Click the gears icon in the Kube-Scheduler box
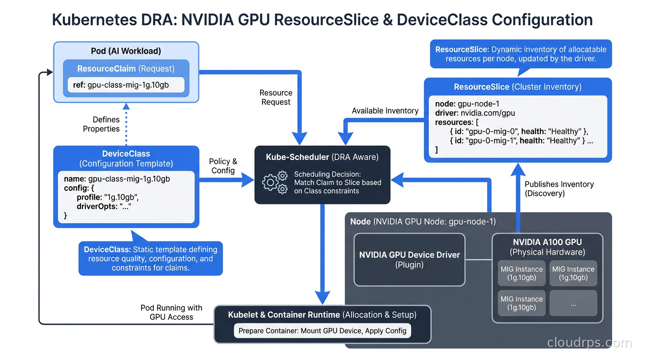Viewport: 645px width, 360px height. coord(275,183)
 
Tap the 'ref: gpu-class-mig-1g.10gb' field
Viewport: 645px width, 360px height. coord(126,85)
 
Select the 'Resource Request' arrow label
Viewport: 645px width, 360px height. coord(276,97)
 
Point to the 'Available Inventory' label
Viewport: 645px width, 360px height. coord(385,111)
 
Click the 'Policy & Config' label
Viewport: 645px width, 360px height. coord(223,166)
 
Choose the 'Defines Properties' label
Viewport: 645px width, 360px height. coord(101,124)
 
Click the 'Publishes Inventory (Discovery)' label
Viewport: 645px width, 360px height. coord(559,189)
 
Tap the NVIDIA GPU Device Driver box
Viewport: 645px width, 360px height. coord(409,260)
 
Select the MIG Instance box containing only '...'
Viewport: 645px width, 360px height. coord(573,303)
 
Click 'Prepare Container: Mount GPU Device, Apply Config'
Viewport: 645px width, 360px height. coord(322,330)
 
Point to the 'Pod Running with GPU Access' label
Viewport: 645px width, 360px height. coord(171,312)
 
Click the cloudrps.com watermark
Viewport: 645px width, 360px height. coord(589,343)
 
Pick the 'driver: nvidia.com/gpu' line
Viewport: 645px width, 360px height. coord(475,113)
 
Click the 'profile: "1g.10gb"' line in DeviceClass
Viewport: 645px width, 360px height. coord(107,197)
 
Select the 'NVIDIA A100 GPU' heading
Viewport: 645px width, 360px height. coord(547,242)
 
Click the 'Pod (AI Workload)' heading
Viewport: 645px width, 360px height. coord(126,51)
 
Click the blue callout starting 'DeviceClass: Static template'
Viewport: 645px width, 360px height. coord(150,258)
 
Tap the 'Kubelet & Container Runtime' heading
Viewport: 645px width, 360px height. coord(284,315)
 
